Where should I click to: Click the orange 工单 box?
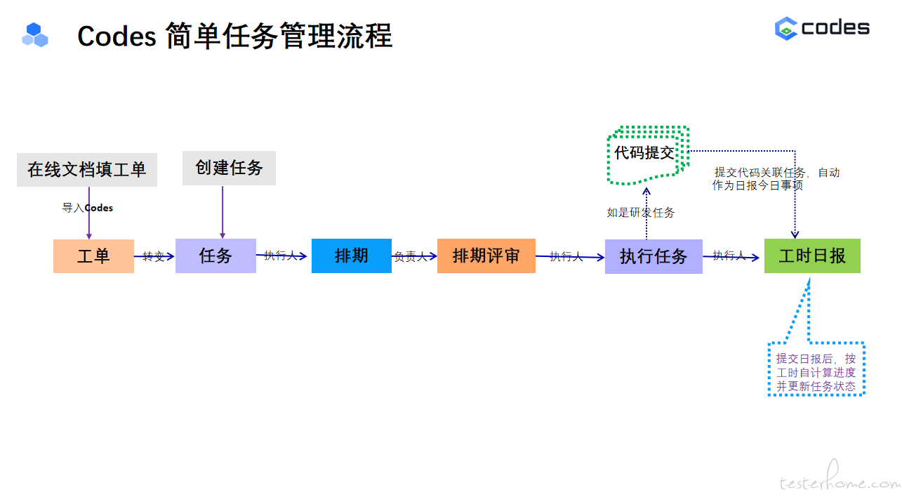coord(93,256)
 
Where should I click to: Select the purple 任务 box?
coord(215,256)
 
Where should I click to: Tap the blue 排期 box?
coord(351,256)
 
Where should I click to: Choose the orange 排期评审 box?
coord(486,256)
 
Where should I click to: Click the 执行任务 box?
coord(653,256)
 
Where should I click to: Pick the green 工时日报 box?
coord(811,256)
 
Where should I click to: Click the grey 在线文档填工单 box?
coord(86,169)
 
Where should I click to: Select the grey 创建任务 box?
coord(229,168)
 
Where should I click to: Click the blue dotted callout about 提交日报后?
coord(816,371)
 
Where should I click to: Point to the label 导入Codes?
coord(88,208)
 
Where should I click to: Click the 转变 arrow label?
coord(153,256)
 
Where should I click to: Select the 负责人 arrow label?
coord(410,257)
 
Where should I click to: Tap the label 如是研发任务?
coord(640,212)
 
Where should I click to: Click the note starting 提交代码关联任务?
coord(776,179)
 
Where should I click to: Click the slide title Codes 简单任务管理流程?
coord(234,36)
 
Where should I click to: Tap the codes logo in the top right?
coord(822,28)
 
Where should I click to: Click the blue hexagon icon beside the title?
coord(35,34)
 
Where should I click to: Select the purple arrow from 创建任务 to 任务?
coord(223,211)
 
